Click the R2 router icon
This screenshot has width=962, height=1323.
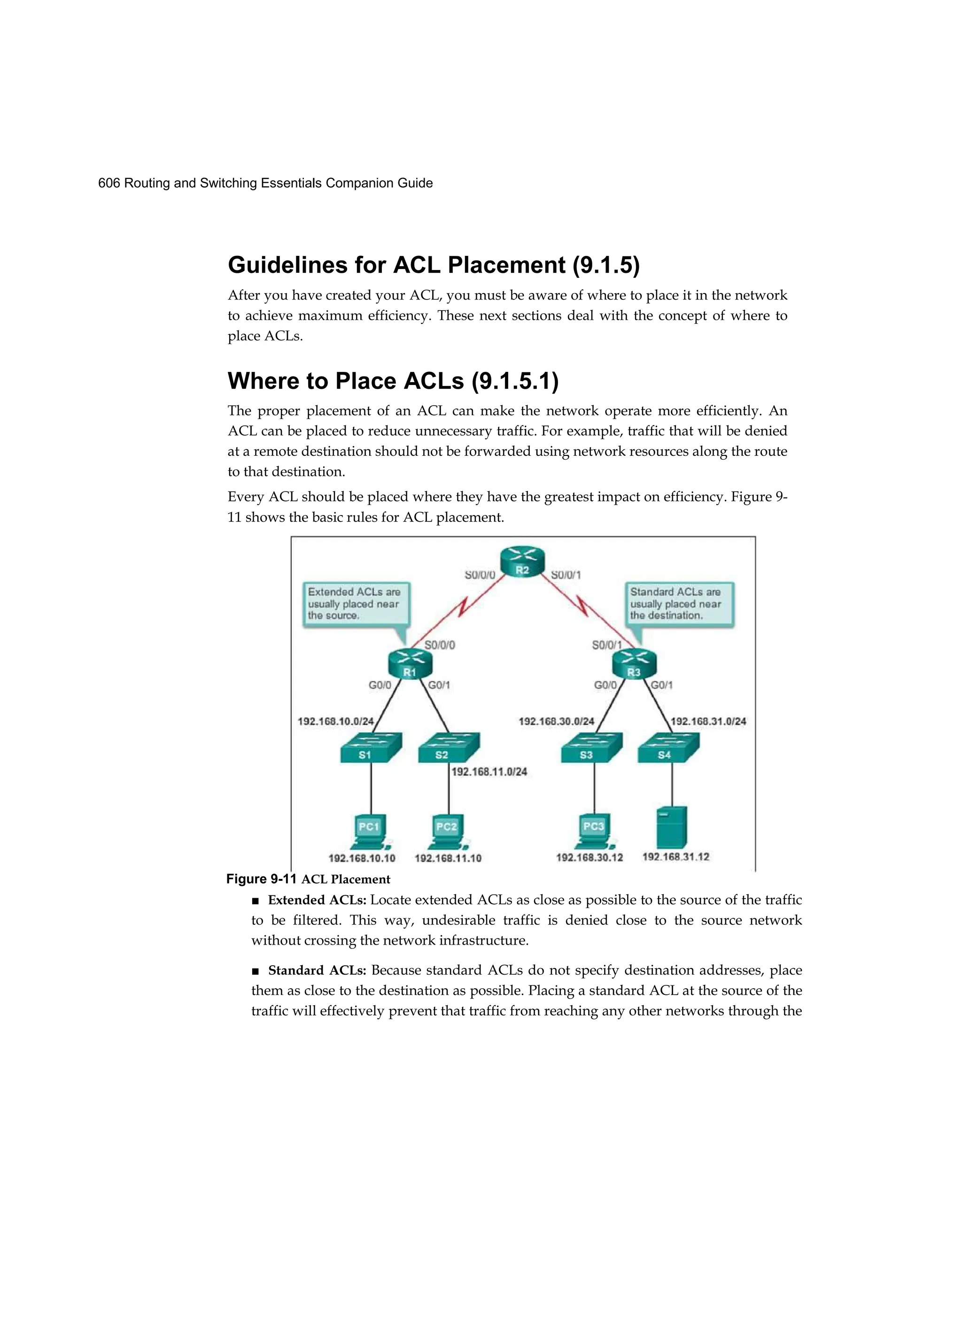pos(522,562)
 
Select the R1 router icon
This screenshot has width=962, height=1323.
pos(410,664)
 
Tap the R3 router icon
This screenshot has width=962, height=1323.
pos(634,664)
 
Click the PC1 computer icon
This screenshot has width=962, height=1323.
pos(371,832)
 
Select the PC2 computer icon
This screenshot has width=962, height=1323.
pos(448,832)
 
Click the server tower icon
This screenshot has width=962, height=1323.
pos(671,827)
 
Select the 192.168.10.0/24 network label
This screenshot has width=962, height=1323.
pos(335,722)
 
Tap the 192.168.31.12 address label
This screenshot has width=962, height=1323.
pos(675,857)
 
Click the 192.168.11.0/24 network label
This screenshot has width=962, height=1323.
pos(489,772)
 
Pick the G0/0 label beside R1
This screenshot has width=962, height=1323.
pos(380,685)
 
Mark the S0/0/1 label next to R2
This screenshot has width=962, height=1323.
pos(566,575)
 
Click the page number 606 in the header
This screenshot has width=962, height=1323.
pos(109,183)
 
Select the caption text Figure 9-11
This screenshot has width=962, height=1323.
pos(262,879)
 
